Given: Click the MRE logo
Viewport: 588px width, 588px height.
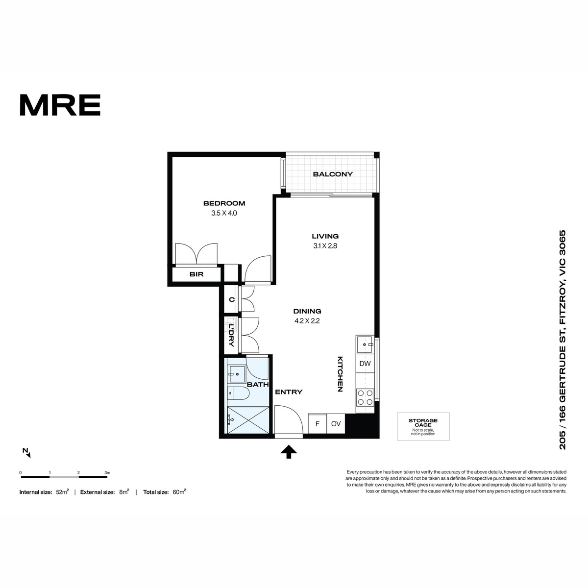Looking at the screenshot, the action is [60, 105].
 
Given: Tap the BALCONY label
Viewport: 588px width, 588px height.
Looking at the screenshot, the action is [333, 174].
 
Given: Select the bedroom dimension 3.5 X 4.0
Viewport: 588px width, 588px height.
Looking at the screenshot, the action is [224, 213].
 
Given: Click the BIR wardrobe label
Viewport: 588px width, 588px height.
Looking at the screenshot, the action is [196, 274].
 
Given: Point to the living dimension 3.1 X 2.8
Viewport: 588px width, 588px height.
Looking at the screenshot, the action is [325, 245].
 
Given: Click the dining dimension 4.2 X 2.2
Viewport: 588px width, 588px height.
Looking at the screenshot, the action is [307, 320].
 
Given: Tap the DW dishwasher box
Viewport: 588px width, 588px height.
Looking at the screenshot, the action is [365, 364].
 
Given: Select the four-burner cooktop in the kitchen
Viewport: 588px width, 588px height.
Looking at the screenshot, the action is [365, 397].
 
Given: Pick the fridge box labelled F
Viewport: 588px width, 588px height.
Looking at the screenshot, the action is [318, 423].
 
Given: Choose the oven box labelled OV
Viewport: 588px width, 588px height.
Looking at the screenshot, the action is [336, 423].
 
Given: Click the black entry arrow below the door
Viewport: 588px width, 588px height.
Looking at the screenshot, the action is [289, 452].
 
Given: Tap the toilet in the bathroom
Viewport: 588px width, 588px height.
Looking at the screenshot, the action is [238, 393].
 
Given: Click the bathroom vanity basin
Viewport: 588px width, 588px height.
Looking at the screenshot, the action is [236, 374].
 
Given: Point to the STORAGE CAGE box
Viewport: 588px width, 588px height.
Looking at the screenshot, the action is [423, 427].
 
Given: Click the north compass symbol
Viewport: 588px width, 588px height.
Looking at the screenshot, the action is [26, 453].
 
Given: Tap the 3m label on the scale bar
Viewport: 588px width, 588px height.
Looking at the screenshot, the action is [107, 473].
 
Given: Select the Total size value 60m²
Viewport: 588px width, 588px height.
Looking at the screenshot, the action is [179, 492].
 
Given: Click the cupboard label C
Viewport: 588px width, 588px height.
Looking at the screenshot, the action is [232, 300].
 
